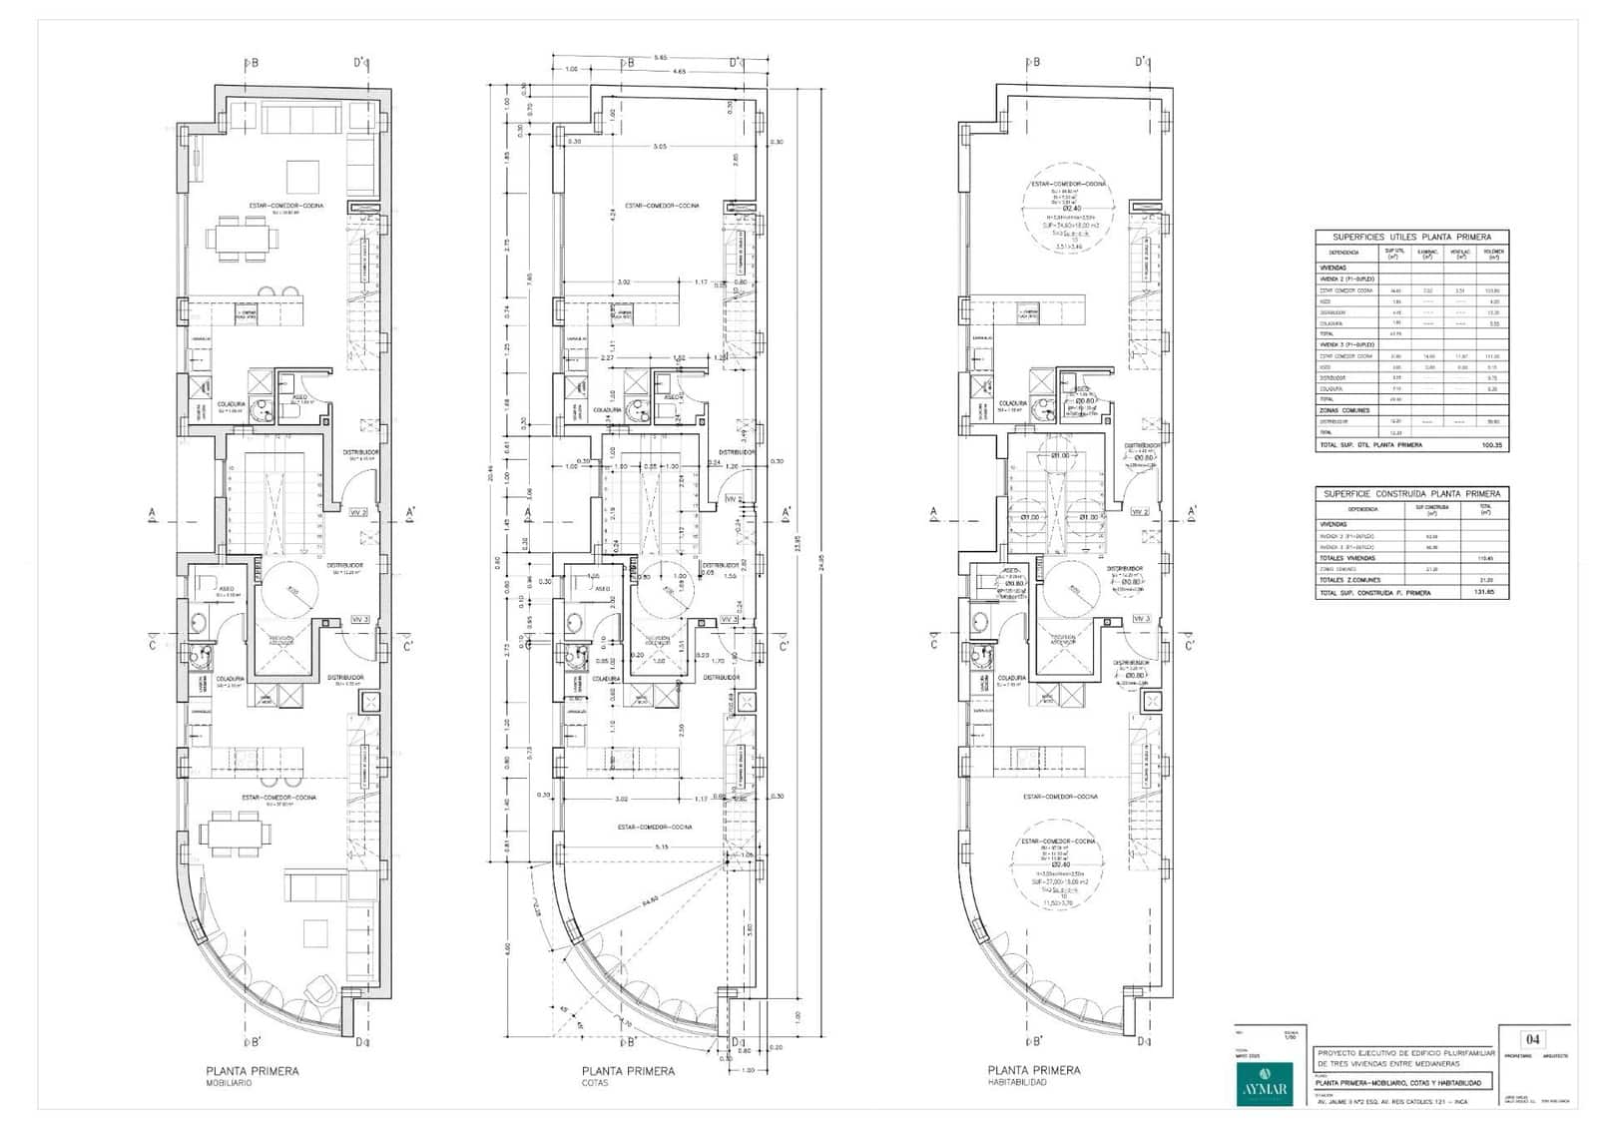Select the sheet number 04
click(1532, 1038)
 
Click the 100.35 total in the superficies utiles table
click(1492, 445)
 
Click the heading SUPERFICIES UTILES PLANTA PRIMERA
click(1411, 237)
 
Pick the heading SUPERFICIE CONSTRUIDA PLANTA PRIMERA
click(1411, 493)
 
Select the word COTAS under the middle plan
click(596, 1083)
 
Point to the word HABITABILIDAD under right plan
click(1017, 1083)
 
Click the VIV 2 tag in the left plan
click(358, 512)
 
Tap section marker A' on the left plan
click(410, 514)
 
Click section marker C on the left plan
click(153, 644)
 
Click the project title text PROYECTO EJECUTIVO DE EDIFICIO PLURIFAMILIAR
click(1405, 1053)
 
